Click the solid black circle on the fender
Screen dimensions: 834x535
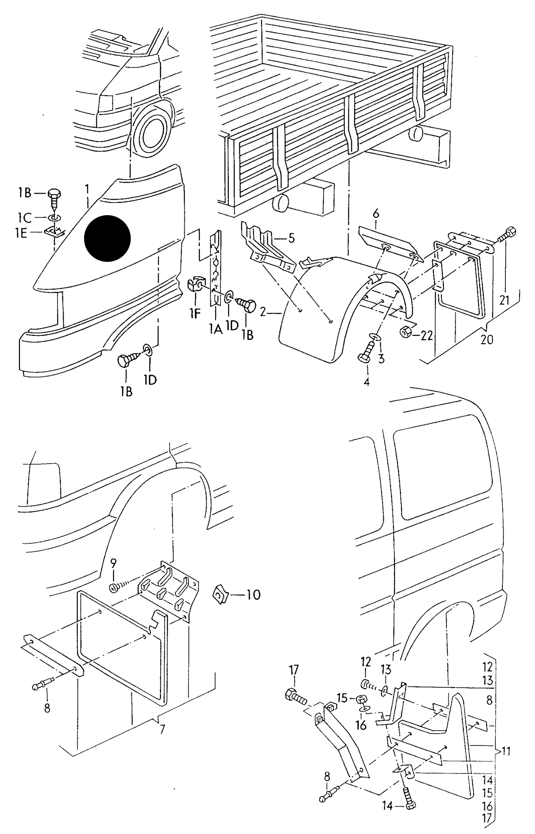click(x=107, y=238)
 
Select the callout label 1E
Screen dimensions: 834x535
click(x=21, y=234)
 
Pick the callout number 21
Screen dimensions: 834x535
click(x=504, y=300)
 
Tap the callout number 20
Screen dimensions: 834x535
click(x=487, y=339)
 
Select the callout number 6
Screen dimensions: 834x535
click(x=376, y=214)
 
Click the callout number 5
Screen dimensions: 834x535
click(x=292, y=238)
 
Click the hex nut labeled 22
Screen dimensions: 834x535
click(x=405, y=332)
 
